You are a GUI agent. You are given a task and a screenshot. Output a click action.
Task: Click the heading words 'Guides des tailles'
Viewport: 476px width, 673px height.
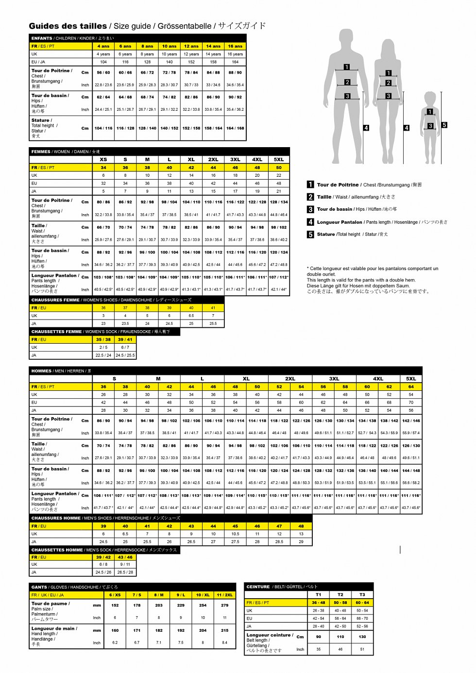point(68,26)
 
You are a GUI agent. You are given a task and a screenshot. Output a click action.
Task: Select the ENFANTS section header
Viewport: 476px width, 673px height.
point(42,38)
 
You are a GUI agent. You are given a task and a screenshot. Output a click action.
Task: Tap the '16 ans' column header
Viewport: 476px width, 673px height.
point(235,46)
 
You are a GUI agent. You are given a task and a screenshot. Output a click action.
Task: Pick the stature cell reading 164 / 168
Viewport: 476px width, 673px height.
point(235,128)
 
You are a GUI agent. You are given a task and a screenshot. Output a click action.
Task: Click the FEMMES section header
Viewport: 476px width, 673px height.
point(41,151)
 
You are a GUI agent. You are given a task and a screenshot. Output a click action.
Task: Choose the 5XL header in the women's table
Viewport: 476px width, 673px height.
point(279,159)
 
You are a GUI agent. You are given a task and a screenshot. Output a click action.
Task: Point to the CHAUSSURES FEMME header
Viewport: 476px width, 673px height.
point(55,300)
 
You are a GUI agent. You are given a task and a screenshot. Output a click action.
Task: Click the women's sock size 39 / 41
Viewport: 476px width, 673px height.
point(125,339)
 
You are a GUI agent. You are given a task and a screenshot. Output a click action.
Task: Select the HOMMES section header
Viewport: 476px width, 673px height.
point(41,371)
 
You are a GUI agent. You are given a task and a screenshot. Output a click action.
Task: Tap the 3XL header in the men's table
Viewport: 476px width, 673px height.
point(334,379)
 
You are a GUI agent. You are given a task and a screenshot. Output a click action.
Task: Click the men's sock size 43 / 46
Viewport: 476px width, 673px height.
point(125,557)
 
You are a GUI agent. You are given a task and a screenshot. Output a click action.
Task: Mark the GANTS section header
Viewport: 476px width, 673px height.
point(39,587)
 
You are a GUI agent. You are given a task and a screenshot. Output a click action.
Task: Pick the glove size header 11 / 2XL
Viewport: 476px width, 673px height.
point(224,595)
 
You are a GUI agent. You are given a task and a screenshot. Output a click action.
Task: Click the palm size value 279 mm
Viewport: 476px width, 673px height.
point(224,606)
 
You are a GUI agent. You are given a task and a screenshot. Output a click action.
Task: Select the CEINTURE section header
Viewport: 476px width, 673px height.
point(258,587)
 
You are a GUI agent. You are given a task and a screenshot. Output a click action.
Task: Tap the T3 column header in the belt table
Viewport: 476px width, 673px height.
point(362,594)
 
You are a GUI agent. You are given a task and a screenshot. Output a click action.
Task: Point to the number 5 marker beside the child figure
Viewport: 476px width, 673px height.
point(444,125)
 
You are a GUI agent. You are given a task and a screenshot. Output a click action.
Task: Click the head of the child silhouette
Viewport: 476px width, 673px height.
point(430,98)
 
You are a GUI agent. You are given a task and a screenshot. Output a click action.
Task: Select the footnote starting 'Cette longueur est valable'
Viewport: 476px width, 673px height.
point(372,269)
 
